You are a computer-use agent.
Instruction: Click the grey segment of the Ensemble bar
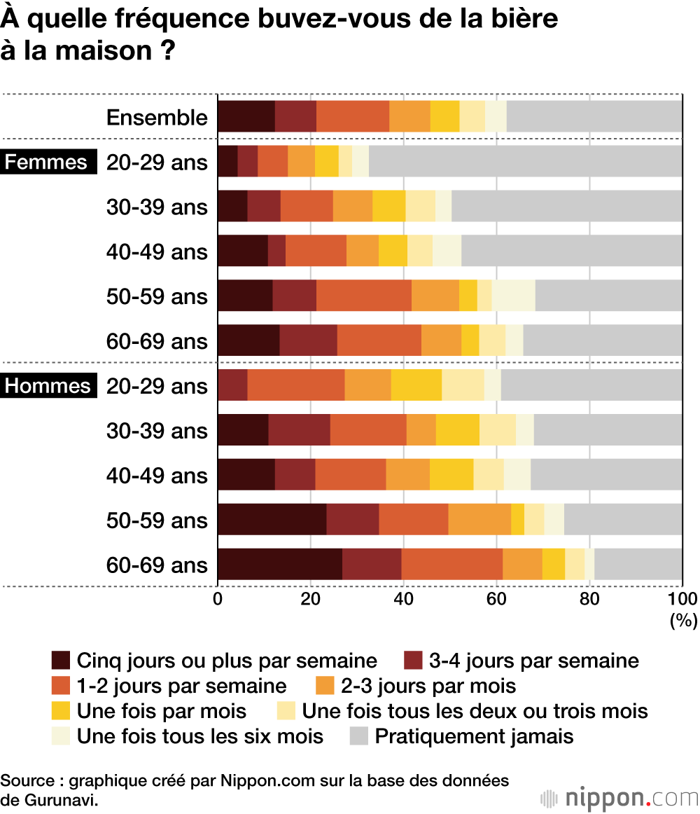coord(594,116)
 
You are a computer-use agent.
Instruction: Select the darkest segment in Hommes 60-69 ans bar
coord(280,565)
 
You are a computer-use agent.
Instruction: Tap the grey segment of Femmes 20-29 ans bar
coord(525,161)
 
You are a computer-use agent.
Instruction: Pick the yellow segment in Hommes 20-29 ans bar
coord(416,385)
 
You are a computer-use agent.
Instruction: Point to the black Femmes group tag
coord(46,162)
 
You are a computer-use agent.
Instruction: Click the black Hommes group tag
coord(48,386)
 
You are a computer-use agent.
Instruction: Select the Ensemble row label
coord(157,118)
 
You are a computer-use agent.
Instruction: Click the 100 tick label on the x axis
coord(682,599)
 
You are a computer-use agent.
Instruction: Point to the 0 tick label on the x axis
coord(218,599)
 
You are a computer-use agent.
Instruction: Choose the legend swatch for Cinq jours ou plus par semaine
coord(61,661)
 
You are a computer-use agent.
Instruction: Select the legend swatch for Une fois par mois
coord(61,711)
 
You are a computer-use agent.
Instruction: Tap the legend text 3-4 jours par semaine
coord(534,661)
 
